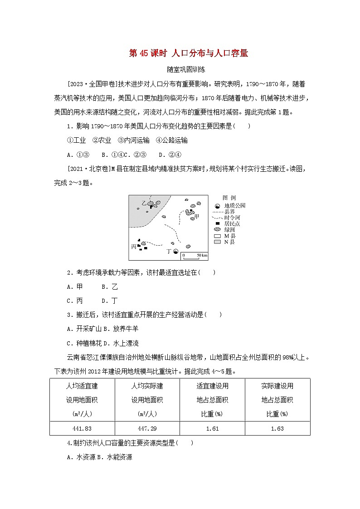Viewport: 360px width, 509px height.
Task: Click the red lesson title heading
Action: coord(188,53)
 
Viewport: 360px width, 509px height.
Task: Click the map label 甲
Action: coord(197,216)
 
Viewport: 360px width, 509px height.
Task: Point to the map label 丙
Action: coord(133,247)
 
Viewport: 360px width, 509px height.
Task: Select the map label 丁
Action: coord(169,251)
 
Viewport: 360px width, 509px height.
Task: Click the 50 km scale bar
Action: coord(195,256)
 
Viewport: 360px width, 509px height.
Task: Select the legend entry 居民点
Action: coord(231,223)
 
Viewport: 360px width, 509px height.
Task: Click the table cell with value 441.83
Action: coord(82,428)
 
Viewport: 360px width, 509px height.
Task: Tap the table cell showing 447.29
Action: coord(147,428)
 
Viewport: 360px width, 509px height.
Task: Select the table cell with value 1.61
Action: coord(212,428)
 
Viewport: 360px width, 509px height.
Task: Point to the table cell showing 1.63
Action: coord(277,428)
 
